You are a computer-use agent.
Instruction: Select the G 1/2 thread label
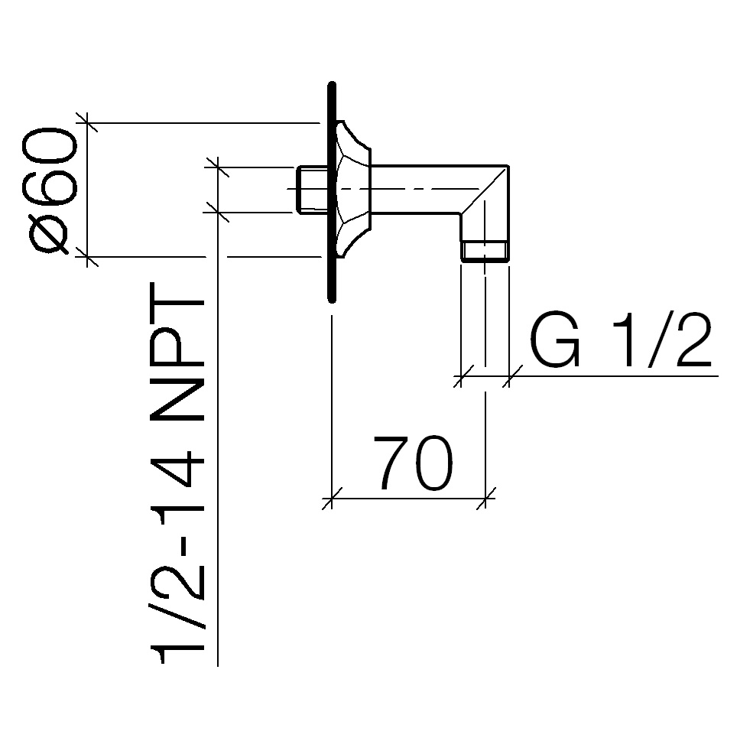[621, 340]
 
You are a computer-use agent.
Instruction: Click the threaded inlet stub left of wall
[313, 189]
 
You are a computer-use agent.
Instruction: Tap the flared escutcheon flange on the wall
[353, 189]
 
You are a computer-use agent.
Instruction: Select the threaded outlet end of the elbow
[485, 251]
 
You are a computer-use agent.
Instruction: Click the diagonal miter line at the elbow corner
[485, 190]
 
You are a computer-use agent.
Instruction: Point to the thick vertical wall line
[332, 192]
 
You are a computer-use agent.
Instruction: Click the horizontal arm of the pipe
[416, 190]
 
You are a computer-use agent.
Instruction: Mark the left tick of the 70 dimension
[332, 498]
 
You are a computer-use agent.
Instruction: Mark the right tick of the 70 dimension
[485, 498]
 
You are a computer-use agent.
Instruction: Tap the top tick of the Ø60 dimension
[87, 123]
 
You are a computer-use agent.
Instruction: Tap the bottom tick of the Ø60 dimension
[87, 257]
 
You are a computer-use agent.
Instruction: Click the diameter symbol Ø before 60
[47, 235]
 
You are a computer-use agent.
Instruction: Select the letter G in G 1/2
[555, 340]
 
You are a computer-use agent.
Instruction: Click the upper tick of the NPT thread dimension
[217, 167]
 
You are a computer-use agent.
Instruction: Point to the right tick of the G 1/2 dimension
[509, 376]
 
